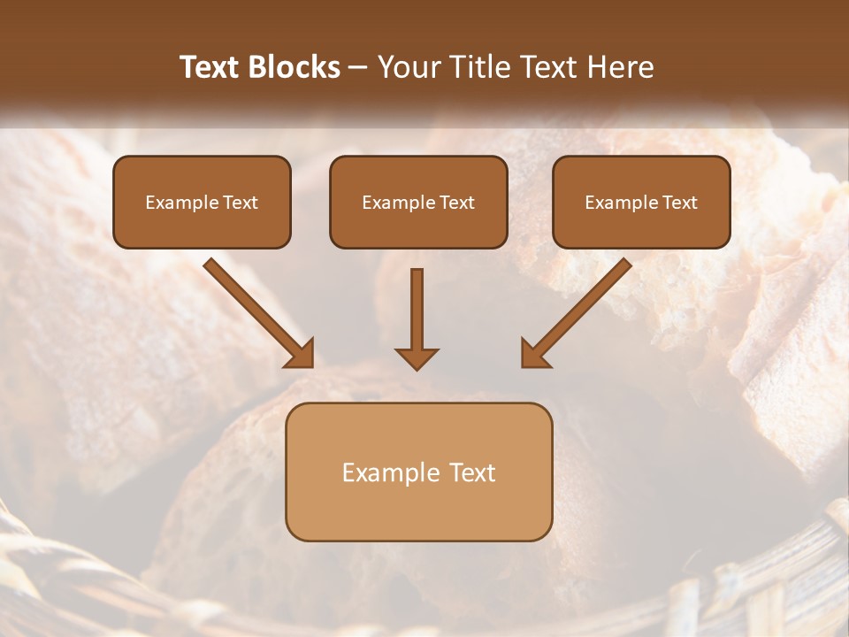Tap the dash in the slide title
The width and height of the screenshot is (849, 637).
[x=358, y=68]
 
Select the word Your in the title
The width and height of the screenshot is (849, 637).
[x=409, y=67]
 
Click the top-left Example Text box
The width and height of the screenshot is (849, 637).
[x=202, y=202]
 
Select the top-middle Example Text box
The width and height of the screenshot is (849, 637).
[x=418, y=202]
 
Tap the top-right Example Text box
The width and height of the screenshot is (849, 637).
[x=641, y=202]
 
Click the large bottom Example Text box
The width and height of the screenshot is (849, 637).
[x=418, y=472]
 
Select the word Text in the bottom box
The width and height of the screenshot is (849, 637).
[x=473, y=472]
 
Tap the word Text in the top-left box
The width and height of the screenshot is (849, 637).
[x=241, y=203]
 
